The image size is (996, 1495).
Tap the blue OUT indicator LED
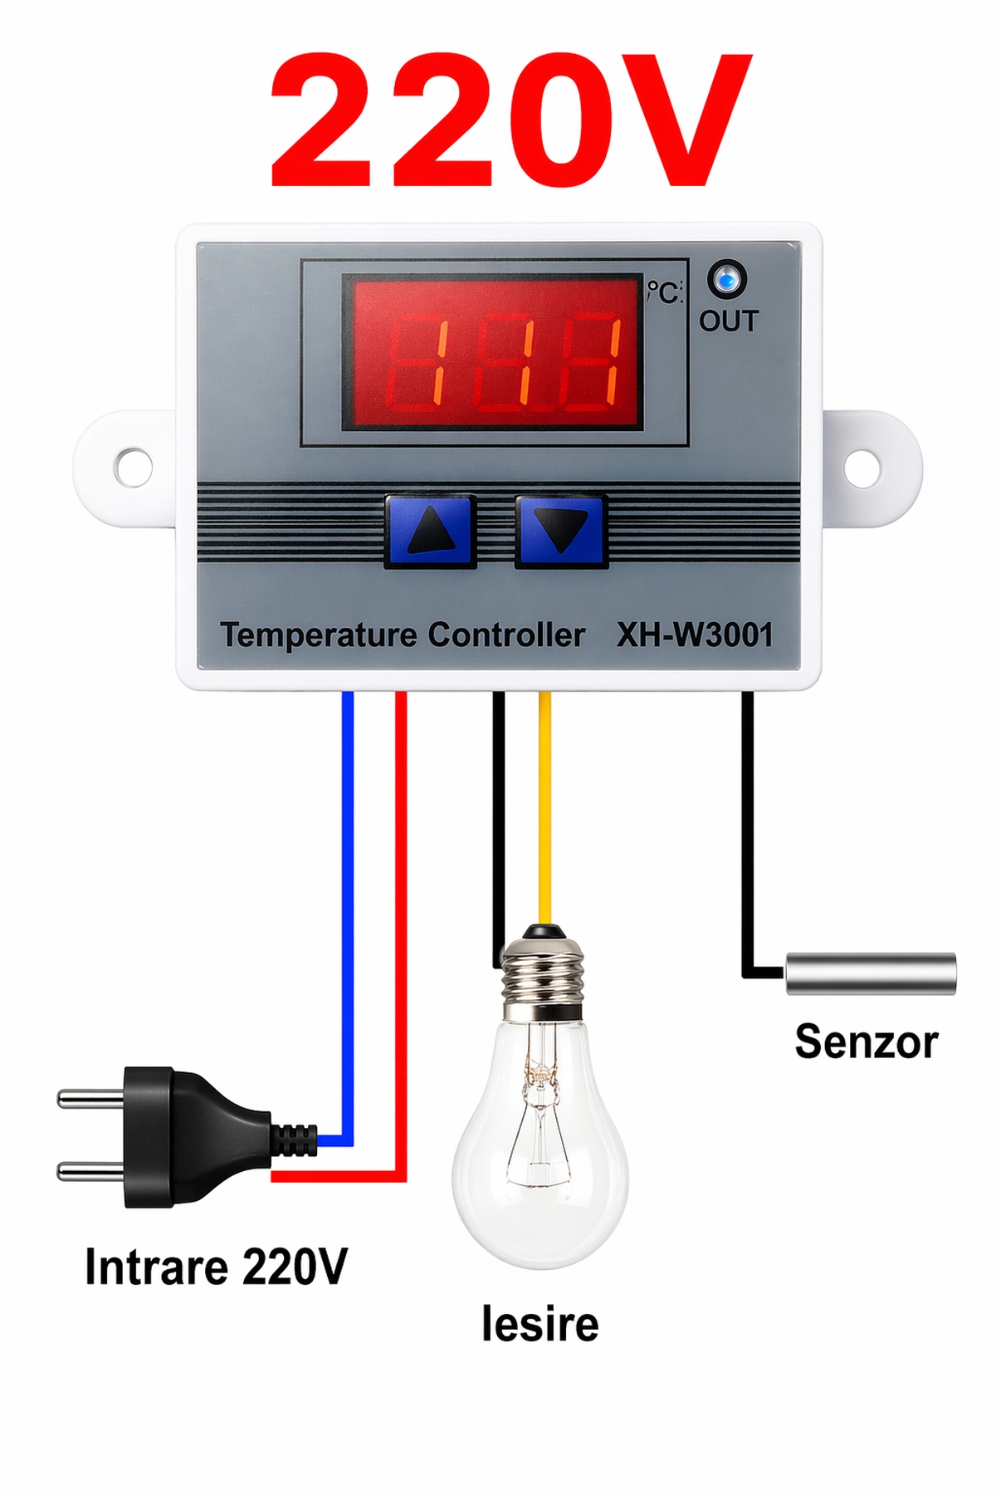[727, 280]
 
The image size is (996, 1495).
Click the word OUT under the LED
[729, 321]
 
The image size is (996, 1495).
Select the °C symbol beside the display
[664, 292]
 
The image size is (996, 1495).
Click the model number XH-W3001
[694, 635]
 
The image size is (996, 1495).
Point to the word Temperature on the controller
[319, 635]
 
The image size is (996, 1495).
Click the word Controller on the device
[506, 635]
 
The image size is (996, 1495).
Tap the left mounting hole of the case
[133, 468]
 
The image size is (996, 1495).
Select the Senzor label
[866, 1042]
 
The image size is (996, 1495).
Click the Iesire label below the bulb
[539, 1324]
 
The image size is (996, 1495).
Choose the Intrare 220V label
[216, 1267]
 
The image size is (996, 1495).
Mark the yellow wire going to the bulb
[544, 814]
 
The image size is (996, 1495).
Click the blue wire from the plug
[348, 914]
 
